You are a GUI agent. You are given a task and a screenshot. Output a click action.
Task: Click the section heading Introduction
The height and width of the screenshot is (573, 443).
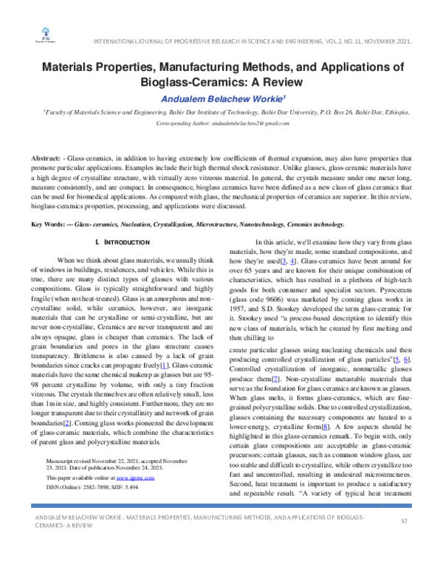pos(126,242)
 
